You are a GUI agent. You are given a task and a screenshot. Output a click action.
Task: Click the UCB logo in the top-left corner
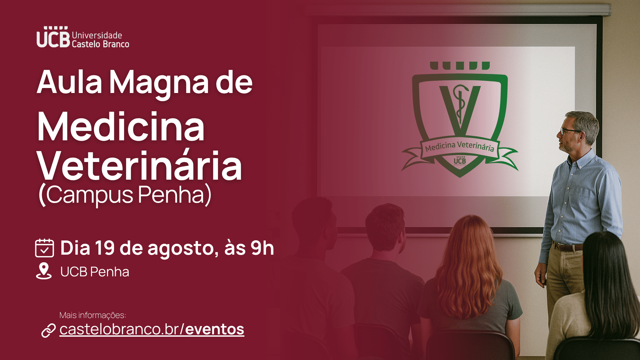point(83,37)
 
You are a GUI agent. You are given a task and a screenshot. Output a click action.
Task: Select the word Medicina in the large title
point(121,127)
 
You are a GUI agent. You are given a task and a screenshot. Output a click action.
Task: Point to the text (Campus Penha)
point(125,195)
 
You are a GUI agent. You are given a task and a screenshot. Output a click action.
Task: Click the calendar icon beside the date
point(44,248)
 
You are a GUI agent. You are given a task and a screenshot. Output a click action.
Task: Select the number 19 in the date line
point(105,248)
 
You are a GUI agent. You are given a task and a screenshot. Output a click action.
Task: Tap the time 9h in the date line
point(262,248)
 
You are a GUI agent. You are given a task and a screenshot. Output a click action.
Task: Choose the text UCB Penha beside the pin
point(95,272)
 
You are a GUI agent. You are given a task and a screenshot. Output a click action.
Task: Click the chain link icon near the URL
point(48,330)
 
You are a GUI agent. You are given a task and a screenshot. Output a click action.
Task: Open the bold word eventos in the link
point(215,329)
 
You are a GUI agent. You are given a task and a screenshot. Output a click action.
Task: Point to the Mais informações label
point(93,315)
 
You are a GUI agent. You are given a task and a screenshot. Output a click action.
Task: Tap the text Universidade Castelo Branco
point(100,40)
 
